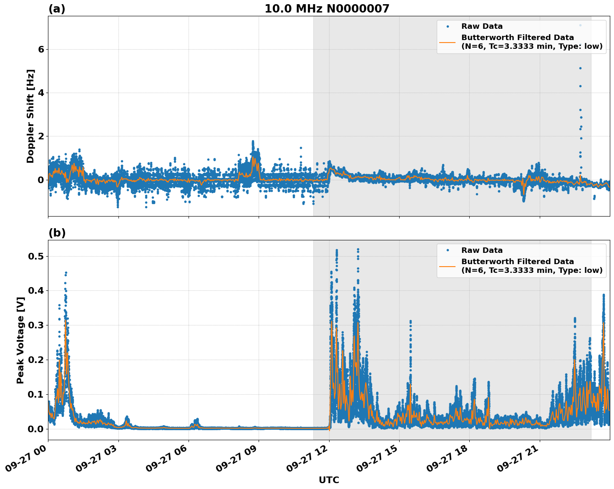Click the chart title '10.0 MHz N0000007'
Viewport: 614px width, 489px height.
point(327,9)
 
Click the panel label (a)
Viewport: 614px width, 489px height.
point(57,9)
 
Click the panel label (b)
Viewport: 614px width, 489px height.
point(57,233)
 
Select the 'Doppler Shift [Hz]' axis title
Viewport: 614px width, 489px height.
point(30,116)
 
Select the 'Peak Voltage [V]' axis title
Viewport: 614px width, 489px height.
point(20,340)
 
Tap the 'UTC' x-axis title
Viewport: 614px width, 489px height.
point(329,480)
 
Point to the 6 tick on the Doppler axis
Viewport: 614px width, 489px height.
point(41,49)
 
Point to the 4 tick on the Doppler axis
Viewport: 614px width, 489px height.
point(41,93)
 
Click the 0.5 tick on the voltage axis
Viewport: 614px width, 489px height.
point(36,256)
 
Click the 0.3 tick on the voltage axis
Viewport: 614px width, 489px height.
point(36,325)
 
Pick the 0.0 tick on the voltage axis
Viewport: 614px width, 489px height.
point(36,429)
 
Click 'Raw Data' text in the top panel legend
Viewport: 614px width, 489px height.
point(482,27)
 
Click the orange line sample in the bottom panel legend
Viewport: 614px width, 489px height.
point(447,266)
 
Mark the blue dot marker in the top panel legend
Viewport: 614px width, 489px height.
point(447,27)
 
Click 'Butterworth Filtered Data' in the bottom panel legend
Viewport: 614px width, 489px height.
point(517,262)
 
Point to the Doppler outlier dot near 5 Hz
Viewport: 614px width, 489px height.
point(580,68)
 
